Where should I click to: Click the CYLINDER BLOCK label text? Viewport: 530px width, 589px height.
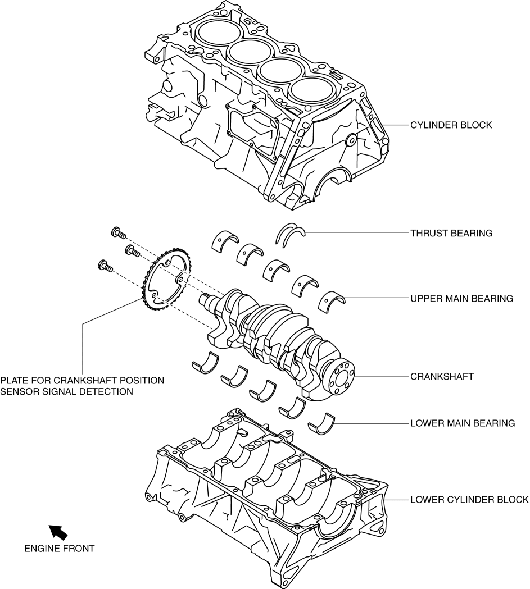pyautogui.click(x=451, y=125)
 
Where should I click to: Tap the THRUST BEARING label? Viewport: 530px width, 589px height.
pyautogui.click(x=451, y=233)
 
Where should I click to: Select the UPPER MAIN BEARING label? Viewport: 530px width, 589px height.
pyautogui.click(x=461, y=299)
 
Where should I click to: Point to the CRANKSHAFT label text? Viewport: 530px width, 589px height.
pyautogui.click(x=442, y=376)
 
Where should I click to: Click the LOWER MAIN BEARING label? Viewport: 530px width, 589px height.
pyautogui.click(x=463, y=423)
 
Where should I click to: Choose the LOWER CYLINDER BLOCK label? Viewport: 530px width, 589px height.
pyautogui.click(x=469, y=499)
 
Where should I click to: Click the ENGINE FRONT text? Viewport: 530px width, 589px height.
pyautogui.click(x=60, y=548)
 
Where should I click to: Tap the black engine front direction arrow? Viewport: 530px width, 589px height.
pyautogui.click(x=58, y=531)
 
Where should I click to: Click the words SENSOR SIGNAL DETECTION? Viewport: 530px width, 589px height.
pyautogui.click(x=67, y=391)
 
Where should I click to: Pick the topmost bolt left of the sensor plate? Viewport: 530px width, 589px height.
pyautogui.click(x=119, y=232)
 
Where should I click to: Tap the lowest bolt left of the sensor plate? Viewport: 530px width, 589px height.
pyautogui.click(x=105, y=265)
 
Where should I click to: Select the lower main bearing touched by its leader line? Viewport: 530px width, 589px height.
pyautogui.click(x=322, y=423)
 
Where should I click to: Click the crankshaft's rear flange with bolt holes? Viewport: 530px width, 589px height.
pyautogui.click(x=338, y=377)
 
